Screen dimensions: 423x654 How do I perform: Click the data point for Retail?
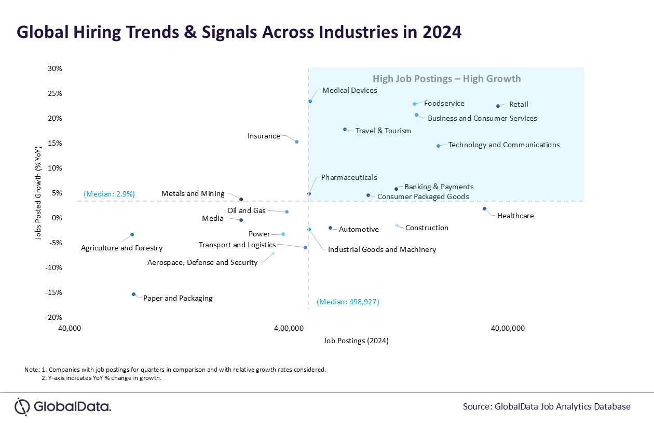(498, 106)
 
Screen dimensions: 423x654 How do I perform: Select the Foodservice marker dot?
(414, 104)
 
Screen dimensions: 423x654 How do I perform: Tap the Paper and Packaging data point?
(133, 294)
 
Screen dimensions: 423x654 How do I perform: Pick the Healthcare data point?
(484, 208)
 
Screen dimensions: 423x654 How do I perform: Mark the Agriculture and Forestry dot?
(132, 234)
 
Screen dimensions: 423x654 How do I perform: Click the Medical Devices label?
(349, 90)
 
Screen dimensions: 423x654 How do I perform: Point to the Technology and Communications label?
(503, 145)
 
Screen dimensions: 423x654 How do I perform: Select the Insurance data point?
(296, 142)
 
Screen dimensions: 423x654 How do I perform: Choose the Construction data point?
(397, 225)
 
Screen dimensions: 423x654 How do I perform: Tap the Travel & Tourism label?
(383, 131)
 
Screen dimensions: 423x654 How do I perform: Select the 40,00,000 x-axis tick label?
(509, 328)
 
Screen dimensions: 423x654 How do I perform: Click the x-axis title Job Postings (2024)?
(356, 341)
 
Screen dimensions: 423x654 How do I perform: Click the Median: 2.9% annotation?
(109, 194)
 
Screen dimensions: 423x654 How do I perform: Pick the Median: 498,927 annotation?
(348, 302)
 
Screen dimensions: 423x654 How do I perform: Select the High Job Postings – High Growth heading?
(446, 79)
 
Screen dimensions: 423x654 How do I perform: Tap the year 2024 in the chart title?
(441, 32)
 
